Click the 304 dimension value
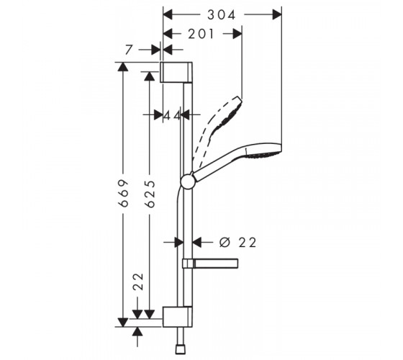(222, 15)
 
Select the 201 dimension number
(201, 34)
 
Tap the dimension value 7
(129, 50)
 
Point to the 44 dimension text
(172, 116)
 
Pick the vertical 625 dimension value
(150, 194)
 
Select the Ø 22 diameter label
(237, 243)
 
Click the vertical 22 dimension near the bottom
(138, 282)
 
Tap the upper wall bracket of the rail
(176, 72)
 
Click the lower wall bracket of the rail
(177, 317)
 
